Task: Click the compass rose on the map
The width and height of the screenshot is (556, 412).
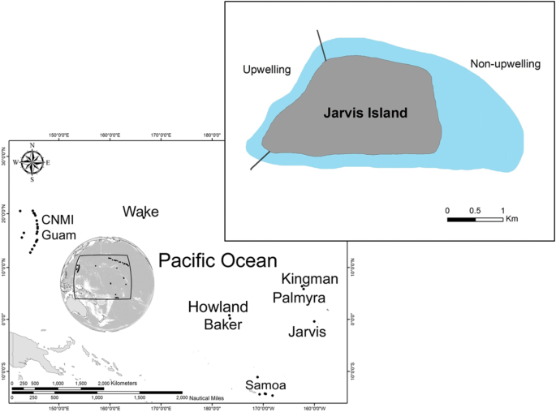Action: pyautogui.click(x=32, y=161)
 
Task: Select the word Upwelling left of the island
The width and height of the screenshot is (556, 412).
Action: pyautogui.click(x=267, y=71)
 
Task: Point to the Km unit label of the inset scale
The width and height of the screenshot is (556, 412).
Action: pyautogui.click(x=511, y=219)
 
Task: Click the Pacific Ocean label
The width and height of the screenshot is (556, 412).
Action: pyautogui.click(x=218, y=261)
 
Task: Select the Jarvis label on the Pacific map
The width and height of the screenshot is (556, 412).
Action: pyautogui.click(x=307, y=332)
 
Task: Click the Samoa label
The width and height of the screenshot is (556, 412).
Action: pyautogui.click(x=265, y=386)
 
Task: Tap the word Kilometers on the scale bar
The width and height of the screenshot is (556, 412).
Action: pyautogui.click(x=119, y=383)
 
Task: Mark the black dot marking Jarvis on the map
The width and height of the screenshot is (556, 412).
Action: pyautogui.click(x=314, y=321)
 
